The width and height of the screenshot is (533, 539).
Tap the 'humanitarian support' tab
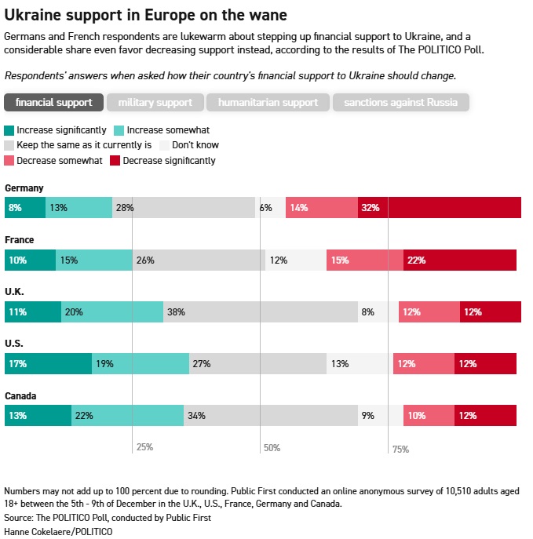point(268,103)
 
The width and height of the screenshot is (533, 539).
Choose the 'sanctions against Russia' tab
point(400,103)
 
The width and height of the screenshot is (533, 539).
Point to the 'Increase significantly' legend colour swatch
point(9,130)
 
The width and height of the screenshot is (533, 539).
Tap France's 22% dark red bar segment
point(460,260)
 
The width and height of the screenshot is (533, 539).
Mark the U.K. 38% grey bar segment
point(261,311)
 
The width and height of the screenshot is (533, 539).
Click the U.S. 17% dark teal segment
point(48,363)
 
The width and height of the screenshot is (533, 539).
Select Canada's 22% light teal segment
point(128,415)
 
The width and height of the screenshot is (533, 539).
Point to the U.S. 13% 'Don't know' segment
point(360,363)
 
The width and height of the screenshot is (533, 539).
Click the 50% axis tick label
point(272,448)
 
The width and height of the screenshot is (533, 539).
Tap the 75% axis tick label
point(400,449)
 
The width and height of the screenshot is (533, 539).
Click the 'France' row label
point(19,240)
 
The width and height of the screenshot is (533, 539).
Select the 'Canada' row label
point(20,395)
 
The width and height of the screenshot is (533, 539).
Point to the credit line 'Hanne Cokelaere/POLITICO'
point(58,531)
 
